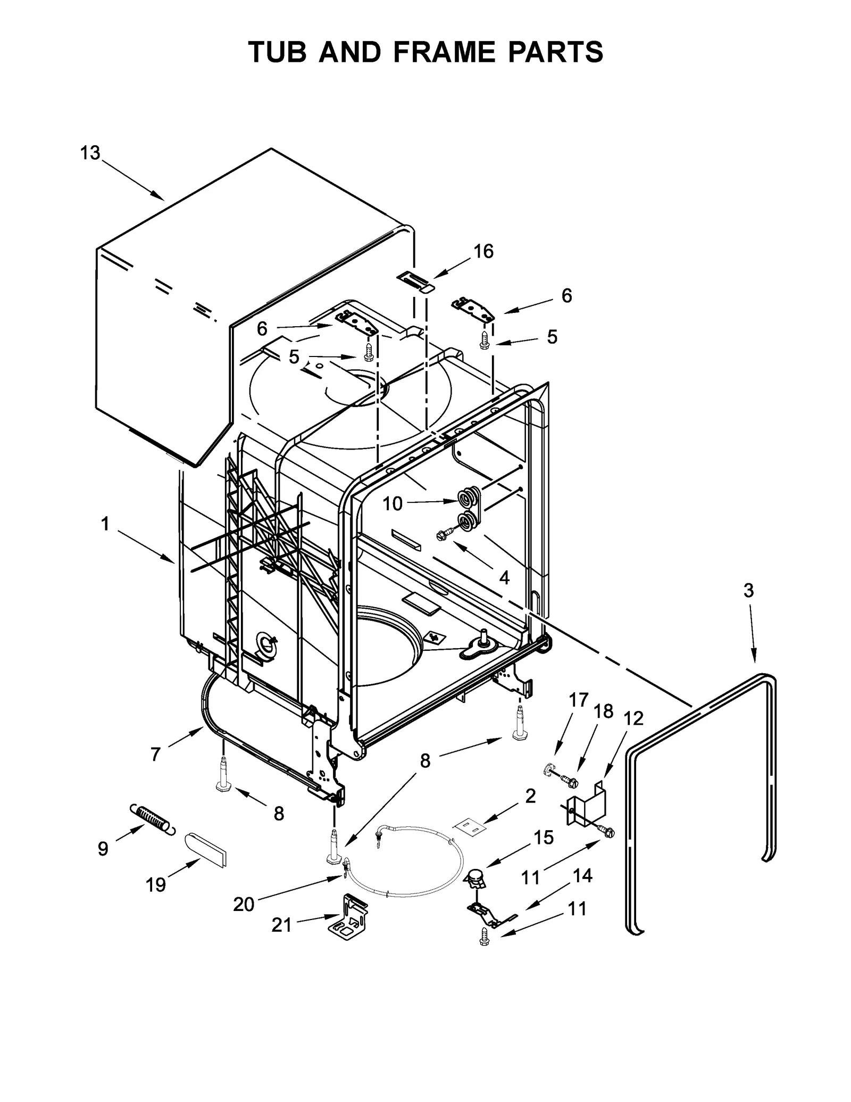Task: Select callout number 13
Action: pyautogui.click(x=90, y=153)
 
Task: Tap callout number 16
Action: pyautogui.click(x=483, y=251)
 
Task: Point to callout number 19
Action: pyautogui.click(x=156, y=885)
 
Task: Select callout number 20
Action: pyautogui.click(x=244, y=904)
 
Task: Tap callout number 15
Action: pyautogui.click(x=544, y=837)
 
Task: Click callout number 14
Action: pyautogui.click(x=582, y=875)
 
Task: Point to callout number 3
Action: pyautogui.click(x=748, y=590)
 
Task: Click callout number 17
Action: pyautogui.click(x=579, y=700)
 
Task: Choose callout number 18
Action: pyautogui.click(x=604, y=711)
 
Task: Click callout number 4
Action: pyautogui.click(x=504, y=577)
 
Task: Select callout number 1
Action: pyautogui.click(x=105, y=524)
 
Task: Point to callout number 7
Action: pyautogui.click(x=155, y=754)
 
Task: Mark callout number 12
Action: pyautogui.click(x=633, y=718)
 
